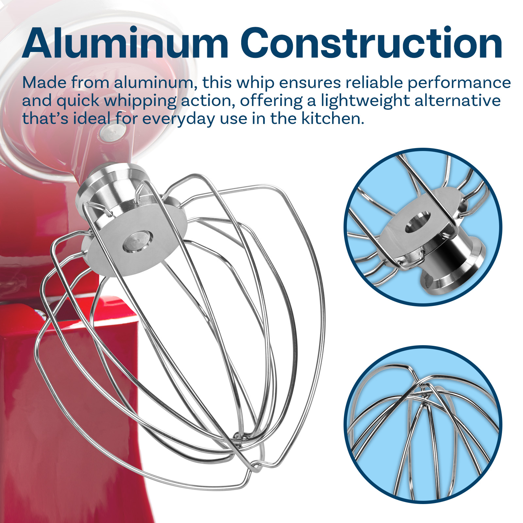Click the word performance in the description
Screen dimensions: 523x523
[459, 83]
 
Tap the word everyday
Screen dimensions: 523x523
[178, 119]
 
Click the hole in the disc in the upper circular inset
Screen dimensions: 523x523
[418, 222]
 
